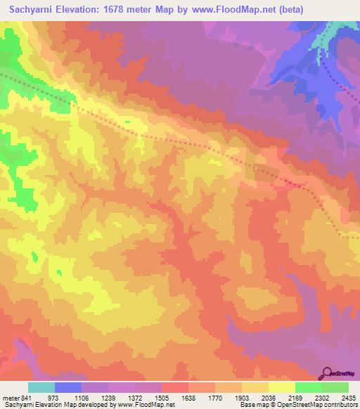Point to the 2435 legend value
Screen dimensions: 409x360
[349, 397]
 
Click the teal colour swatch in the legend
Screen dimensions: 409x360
[41, 387]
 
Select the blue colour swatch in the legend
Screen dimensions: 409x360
[68, 387]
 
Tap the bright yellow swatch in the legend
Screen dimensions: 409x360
[282, 387]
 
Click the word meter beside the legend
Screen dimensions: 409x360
[10, 397]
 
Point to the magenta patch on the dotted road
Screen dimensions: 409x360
[295, 182]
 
